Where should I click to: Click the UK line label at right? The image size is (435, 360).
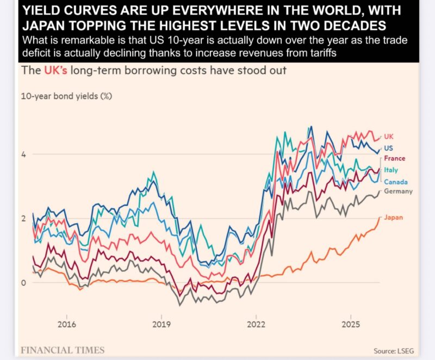point(388,136)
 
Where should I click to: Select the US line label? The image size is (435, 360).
point(388,148)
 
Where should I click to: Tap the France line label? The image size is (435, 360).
point(395,158)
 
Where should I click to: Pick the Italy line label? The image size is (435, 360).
point(391,170)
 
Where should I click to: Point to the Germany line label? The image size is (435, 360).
point(398,191)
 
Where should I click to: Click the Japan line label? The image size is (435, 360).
point(393,218)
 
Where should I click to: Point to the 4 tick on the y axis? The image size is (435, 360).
point(23,154)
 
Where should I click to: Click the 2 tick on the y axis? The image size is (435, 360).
point(23,218)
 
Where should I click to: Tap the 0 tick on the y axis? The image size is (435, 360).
point(23,282)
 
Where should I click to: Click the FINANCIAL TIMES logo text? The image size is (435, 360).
point(62,350)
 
